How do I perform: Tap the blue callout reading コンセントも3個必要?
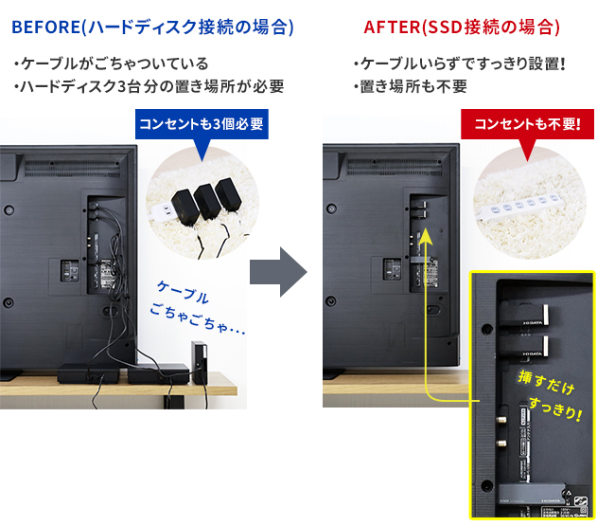tap(201, 124)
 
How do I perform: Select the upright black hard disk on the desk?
tap(198, 361)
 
